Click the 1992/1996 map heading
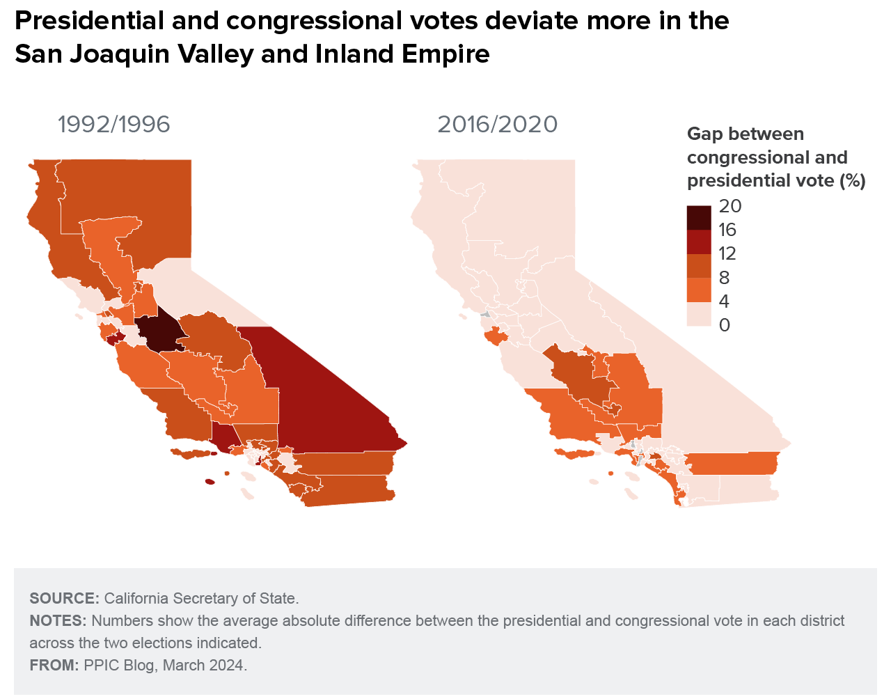[x=113, y=124]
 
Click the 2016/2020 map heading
[x=497, y=124]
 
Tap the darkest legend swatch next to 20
[x=698, y=217]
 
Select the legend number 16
[x=727, y=230]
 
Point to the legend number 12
[x=727, y=253]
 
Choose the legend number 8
[x=724, y=278]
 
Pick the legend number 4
[x=724, y=301]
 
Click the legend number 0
[x=724, y=325]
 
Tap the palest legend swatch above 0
[x=698, y=314]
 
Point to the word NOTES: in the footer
[x=58, y=620]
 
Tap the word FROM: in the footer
[x=54, y=665]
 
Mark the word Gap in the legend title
[x=704, y=134]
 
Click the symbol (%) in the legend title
[x=853, y=180]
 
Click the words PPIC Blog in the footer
[x=119, y=665]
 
